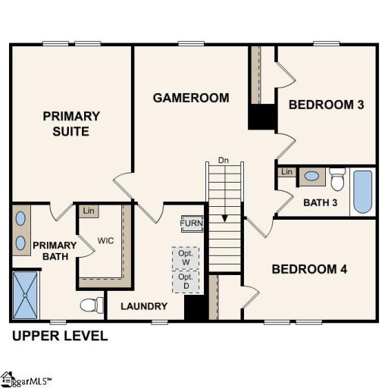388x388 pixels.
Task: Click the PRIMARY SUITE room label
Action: point(71,124)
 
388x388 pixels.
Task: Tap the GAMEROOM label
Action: point(191,98)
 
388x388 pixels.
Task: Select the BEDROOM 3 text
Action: point(326,105)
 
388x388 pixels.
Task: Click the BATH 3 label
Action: point(319,202)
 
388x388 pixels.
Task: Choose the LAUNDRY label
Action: point(143,306)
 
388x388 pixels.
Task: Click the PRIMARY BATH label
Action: point(54,251)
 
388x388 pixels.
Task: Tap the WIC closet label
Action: point(105,242)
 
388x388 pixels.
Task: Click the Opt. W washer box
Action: point(186,258)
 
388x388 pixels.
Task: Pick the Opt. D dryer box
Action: point(186,281)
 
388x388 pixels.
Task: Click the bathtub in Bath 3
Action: point(363,192)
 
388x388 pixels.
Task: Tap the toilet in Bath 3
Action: point(338,181)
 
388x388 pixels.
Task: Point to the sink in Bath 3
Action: point(311,177)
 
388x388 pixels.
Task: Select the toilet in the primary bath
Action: point(92,305)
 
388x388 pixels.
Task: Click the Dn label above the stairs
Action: point(223,161)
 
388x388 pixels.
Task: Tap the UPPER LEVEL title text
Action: point(59,336)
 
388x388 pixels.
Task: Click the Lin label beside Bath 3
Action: point(286,173)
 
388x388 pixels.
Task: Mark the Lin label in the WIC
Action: point(89,211)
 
